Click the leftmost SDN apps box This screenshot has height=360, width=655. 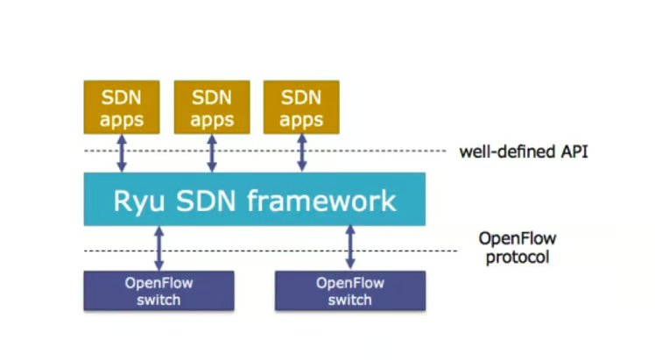121,107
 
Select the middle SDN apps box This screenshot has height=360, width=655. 212,107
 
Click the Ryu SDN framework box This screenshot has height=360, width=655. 254,200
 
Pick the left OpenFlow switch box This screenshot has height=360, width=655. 158,291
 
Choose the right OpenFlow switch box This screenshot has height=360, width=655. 350,291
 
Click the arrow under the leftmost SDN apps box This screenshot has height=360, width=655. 122,152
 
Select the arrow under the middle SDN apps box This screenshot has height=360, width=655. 212,152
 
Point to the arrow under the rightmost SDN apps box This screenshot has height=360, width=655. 302,152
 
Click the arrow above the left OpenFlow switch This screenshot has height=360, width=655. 158,248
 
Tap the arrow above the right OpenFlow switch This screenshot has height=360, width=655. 350,248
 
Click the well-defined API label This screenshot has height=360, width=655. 524,152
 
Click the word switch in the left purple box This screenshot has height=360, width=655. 158,300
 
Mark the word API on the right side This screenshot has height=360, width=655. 572,152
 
